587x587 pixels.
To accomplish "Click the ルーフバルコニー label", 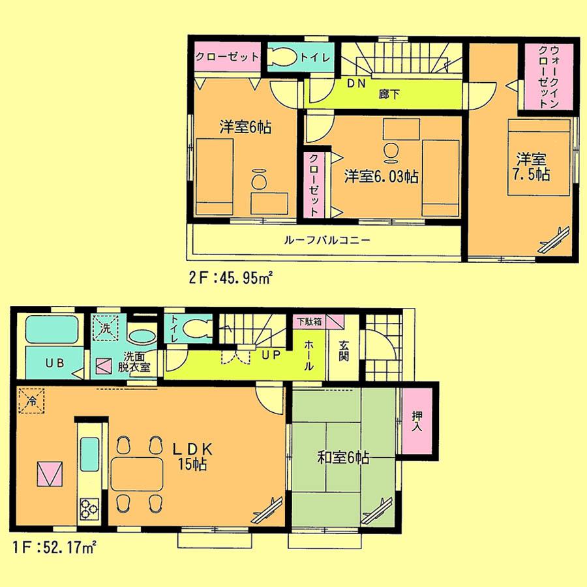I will (327, 240).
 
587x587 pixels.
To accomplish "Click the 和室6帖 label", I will (343, 458).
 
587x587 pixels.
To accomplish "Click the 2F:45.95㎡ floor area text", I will (231, 277).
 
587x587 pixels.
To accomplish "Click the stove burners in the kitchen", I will (89, 507).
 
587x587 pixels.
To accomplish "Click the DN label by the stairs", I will (355, 83).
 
